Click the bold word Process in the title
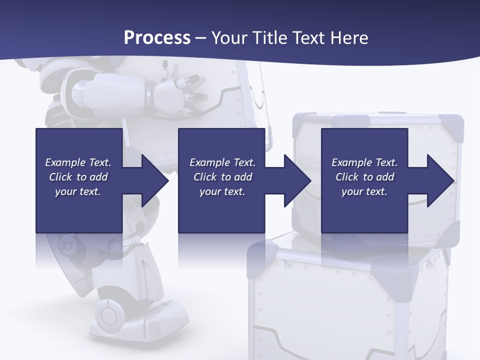tap(157, 38)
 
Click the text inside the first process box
tap(78, 177)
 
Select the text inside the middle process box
tap(222, 177)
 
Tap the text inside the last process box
tap(364, 177)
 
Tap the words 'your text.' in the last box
tap(364, 191)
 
